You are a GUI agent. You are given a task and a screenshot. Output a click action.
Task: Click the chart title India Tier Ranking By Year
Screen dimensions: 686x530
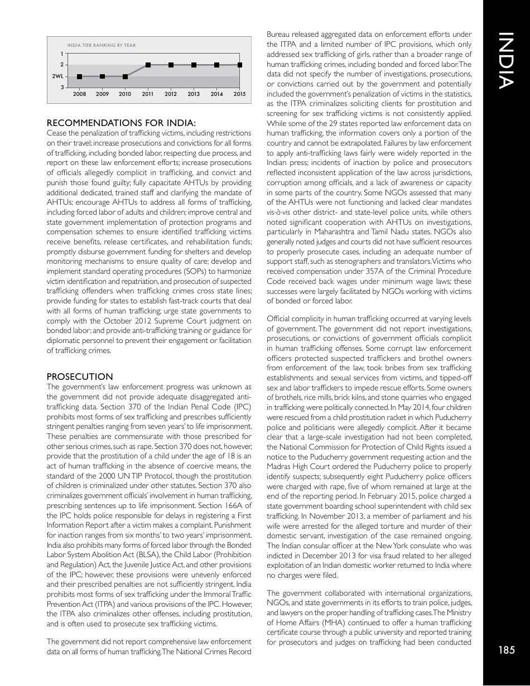pos(101,45)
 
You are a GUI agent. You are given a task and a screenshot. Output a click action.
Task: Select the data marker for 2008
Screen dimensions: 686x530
pos(79,76)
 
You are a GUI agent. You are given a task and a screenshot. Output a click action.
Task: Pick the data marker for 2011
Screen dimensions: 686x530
pos(148,65)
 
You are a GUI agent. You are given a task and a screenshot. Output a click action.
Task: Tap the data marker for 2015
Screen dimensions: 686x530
pos(239,65)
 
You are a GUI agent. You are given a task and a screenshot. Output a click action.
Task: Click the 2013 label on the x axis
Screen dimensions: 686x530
pos(194,94)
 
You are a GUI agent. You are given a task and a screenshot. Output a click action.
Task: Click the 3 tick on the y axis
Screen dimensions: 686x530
pos(62,88)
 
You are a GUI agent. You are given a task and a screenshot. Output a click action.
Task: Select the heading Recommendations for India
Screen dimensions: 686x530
pos(121,123)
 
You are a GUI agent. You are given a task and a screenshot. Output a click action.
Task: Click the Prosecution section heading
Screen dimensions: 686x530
pos(80,377)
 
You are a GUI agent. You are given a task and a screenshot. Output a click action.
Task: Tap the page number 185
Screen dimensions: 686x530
pos(507,649)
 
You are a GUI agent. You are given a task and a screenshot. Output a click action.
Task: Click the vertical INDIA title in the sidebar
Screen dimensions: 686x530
pos(505,62)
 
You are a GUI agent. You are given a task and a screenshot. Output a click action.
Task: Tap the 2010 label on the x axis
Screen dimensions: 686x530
pos(125,94)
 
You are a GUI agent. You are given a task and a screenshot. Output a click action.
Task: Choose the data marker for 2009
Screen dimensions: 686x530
pos(102,76)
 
